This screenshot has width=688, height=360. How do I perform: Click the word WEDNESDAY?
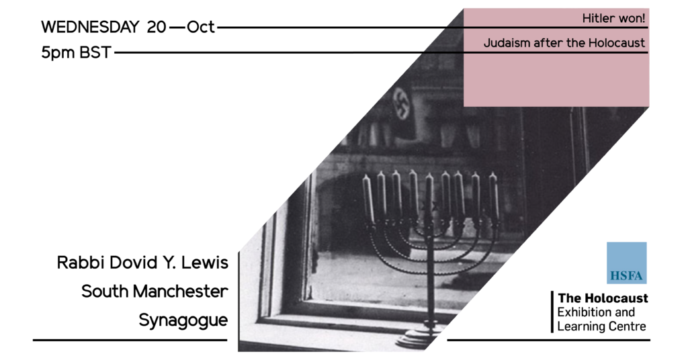90,27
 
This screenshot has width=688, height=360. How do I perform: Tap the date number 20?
156,27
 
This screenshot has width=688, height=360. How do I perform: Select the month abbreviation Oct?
200,27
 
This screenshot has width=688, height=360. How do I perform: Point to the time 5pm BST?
76,52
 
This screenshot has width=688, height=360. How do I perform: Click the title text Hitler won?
613,18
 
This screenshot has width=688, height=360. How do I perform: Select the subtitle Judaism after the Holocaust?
564,43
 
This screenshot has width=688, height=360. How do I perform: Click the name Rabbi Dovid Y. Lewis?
142,263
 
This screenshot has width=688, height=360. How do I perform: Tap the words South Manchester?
155,291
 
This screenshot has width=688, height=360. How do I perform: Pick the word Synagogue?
183,320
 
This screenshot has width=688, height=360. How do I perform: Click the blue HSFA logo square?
627,263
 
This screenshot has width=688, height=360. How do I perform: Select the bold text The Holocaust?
603,298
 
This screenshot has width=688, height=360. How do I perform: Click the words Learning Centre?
601,326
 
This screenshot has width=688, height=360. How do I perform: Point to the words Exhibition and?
596,312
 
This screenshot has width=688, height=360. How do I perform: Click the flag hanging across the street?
401,104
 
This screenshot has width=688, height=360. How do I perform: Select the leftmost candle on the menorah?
368,197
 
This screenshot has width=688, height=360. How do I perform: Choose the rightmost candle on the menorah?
494,195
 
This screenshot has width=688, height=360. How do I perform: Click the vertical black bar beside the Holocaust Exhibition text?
552,312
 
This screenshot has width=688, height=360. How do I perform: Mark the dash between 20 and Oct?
177,28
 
